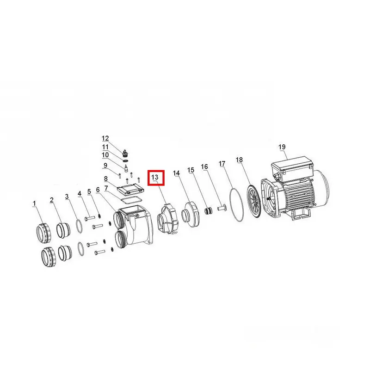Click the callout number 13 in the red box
[x=155, y=177]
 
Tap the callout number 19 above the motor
[x=282, y=147]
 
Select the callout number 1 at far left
[x=34, y=203]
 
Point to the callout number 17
[x=222, y=164]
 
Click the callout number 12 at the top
[x=105, y=138]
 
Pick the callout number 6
[x=98, y=190]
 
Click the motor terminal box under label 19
[x=292, y=166]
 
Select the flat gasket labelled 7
[x=131, y=199]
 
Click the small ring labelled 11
[x=126, y=161]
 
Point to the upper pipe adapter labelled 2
[x=63, y=230]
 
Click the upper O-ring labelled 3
[x=79, y=227]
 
